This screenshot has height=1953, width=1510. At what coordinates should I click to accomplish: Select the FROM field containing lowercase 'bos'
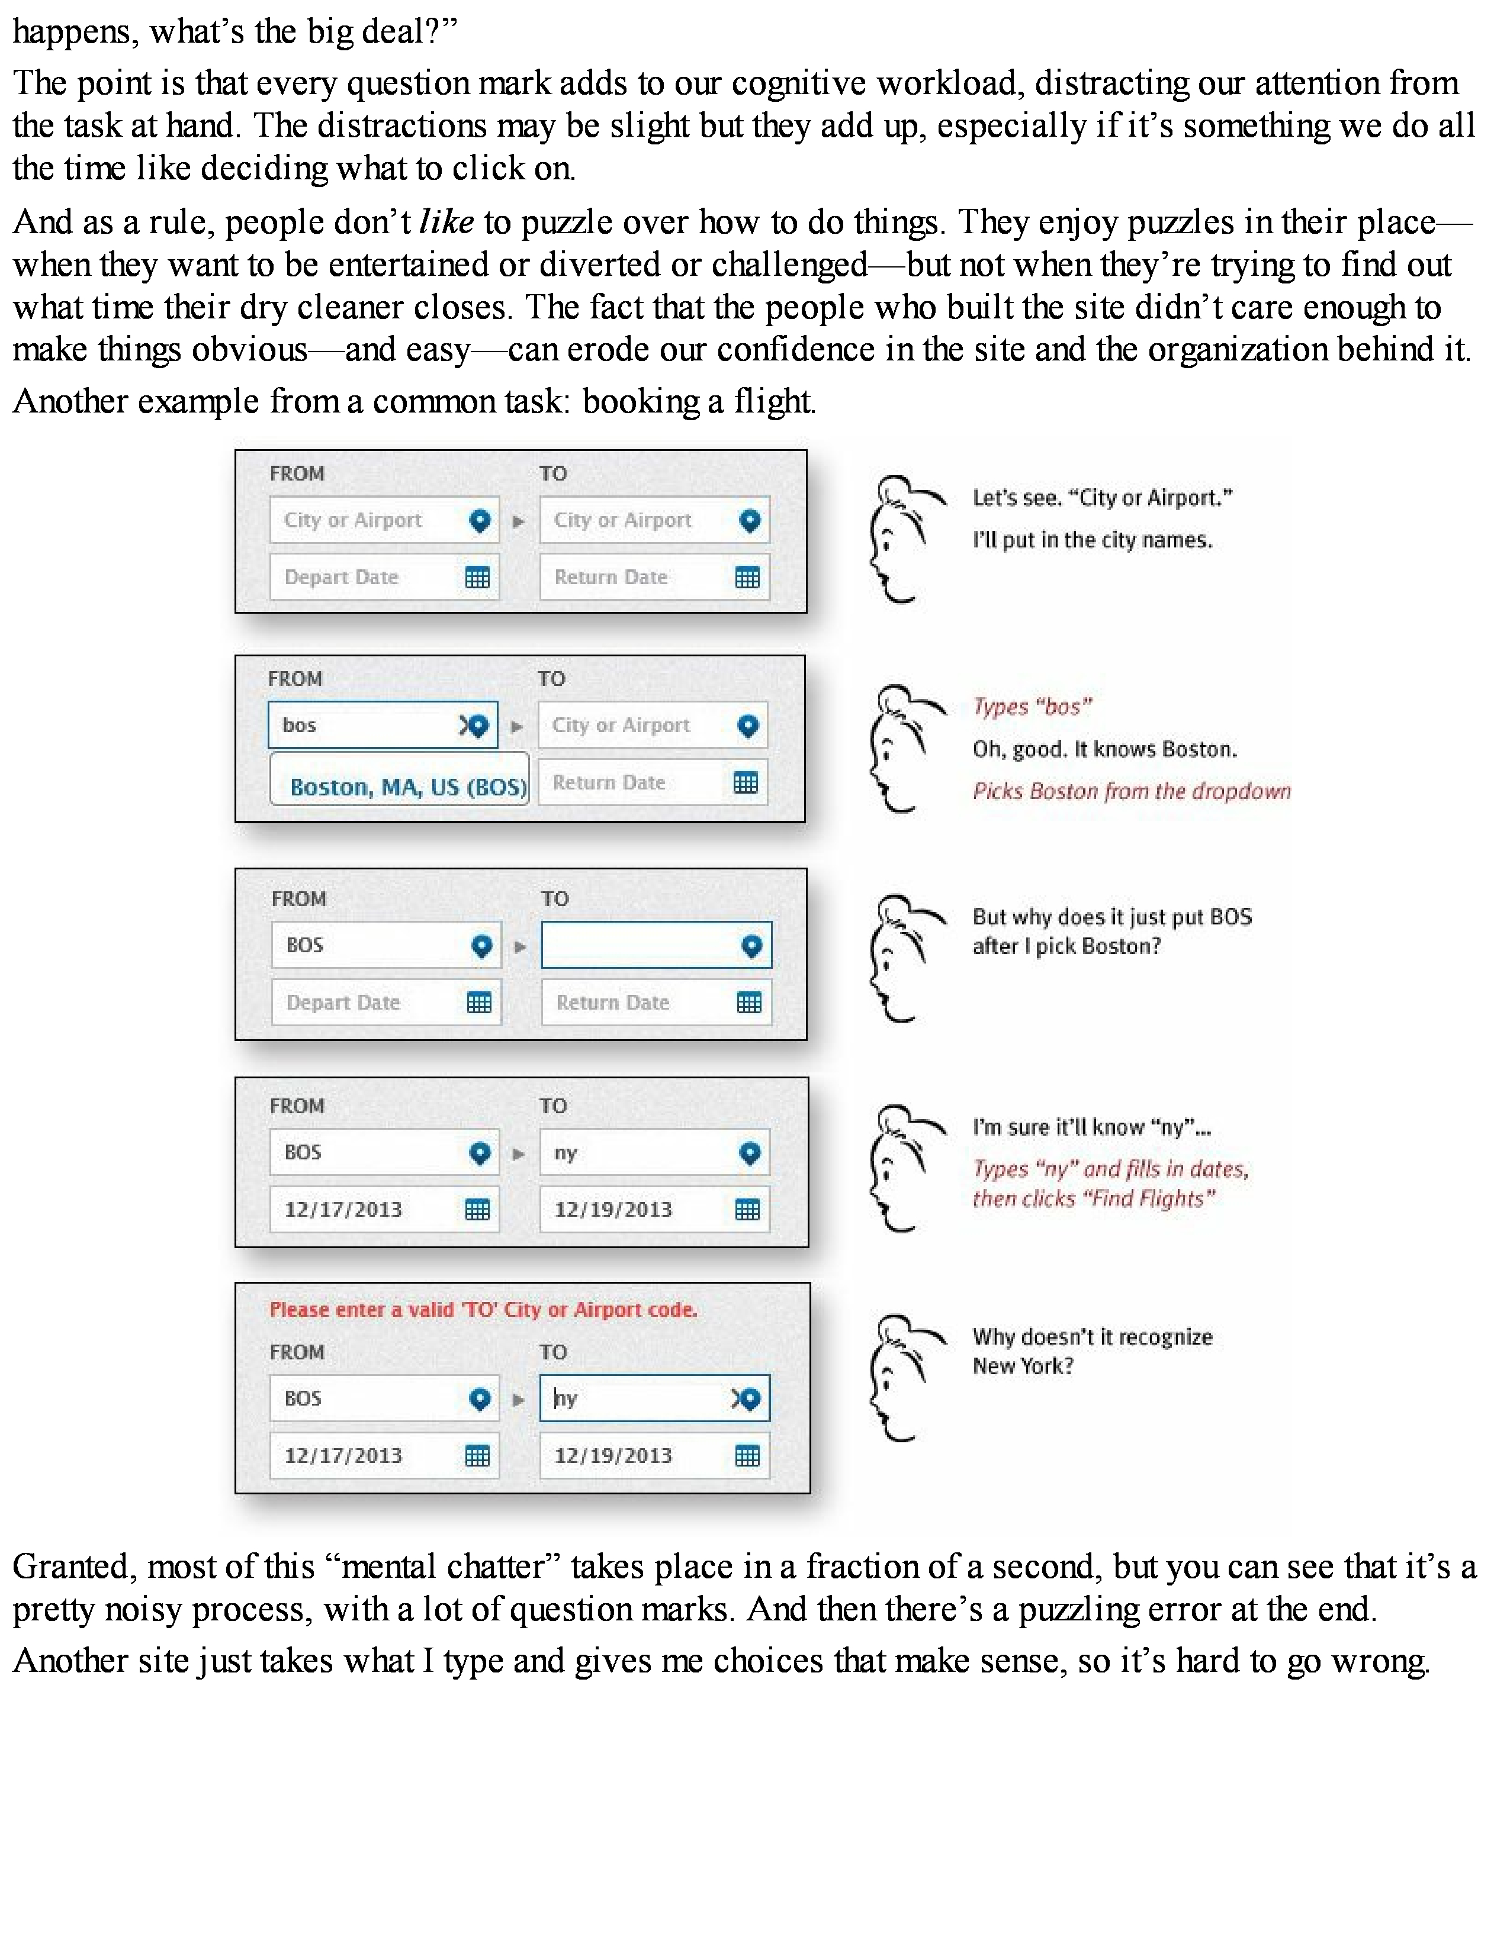(x=367, y=724)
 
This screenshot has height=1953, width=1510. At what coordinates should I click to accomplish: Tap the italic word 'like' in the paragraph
(x=445, y=222)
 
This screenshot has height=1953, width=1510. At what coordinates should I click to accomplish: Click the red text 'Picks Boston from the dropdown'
(x=1132, y=791)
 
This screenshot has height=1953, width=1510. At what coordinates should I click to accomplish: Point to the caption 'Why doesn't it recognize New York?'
(x=1091, y=1351)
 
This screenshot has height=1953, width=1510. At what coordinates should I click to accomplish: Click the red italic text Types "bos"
(x=1032, y=707)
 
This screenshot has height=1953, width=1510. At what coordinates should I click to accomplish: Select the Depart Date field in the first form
(x=367, y=577)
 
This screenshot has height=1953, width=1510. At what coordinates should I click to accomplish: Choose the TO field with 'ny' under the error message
(x=635, y=1398)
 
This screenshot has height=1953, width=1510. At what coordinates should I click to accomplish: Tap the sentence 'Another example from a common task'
(x=414, y=401)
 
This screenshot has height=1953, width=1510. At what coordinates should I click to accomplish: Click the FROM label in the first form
(x=297, y=473)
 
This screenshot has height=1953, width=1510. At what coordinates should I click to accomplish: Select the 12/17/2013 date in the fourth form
(x=343, y=1209)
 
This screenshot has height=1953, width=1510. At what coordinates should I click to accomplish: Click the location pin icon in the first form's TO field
(x=750, y=520)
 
